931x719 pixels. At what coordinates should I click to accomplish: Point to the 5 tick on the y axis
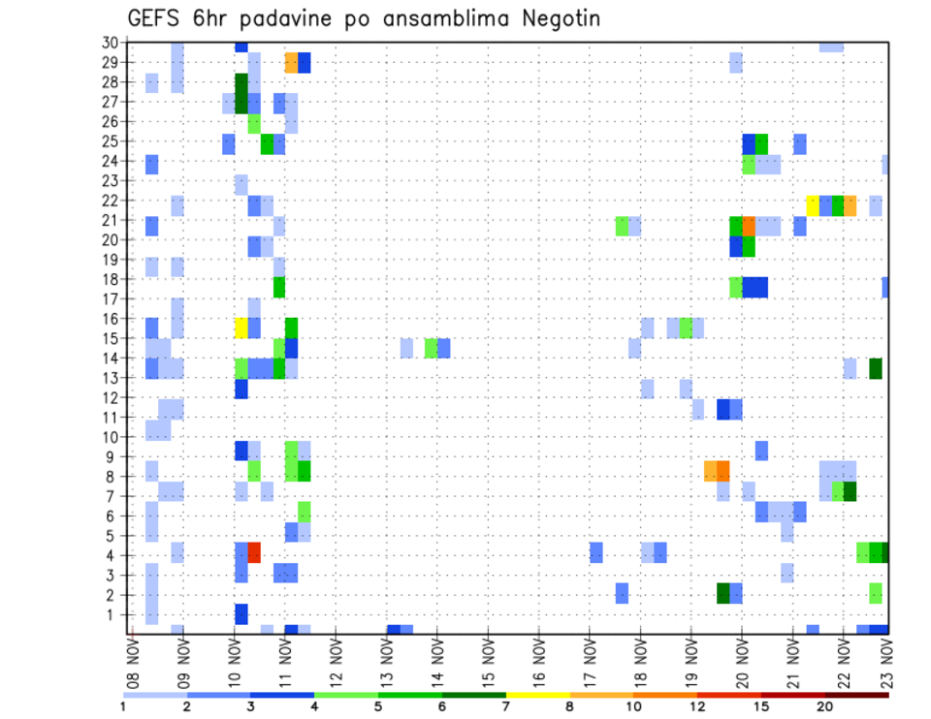pyautogui.click(x=113, y=536)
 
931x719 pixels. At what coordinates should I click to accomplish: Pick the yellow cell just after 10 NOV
pyautogui.click(x=241, y=328)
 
